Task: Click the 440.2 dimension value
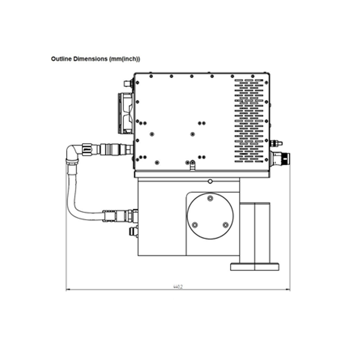[178, 287]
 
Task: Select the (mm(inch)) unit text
[125, 59]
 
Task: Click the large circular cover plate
[210, 216]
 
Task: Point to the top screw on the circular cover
[210, 198]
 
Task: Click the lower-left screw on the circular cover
[195, 225]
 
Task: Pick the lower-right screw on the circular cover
[226, 225]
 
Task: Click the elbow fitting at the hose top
[73, 152]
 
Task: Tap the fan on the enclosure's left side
[126, 113]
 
